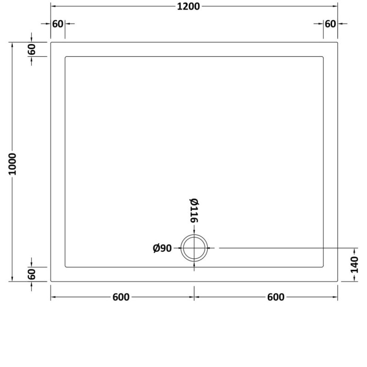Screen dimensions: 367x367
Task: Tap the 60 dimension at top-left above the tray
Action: click(57, 24)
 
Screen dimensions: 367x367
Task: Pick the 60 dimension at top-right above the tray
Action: click(330, 24)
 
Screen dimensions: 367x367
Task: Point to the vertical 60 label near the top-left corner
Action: click(32, 50)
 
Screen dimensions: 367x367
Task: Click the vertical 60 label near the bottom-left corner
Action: click(32, 274)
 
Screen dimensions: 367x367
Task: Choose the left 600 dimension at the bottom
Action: click(121, 297)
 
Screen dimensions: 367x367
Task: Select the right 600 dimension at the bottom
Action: click(275, 297)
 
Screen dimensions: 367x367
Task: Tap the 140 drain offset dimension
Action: click(355, 265)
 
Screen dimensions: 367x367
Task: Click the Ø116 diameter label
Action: click(193, 211)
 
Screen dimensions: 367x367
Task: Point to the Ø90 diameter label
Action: click(162, 248)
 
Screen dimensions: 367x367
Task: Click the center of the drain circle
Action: click(195, 248)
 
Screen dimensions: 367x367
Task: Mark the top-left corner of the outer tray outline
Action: click(50, 43)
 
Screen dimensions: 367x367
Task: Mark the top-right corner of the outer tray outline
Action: click(338, 43)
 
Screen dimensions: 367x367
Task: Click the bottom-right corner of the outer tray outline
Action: click(338, 281)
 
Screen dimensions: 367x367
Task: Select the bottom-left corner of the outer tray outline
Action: click(50, 281)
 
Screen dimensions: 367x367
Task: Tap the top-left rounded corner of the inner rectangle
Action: click(66, 57)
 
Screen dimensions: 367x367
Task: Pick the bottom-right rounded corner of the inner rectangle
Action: click(323, 266)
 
